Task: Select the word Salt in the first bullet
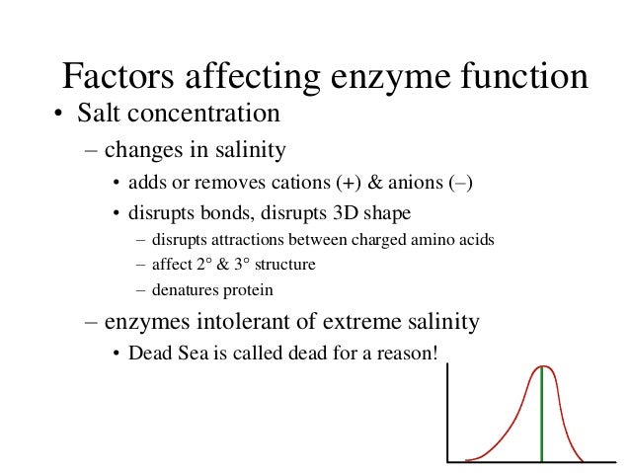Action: click(100, 115)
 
